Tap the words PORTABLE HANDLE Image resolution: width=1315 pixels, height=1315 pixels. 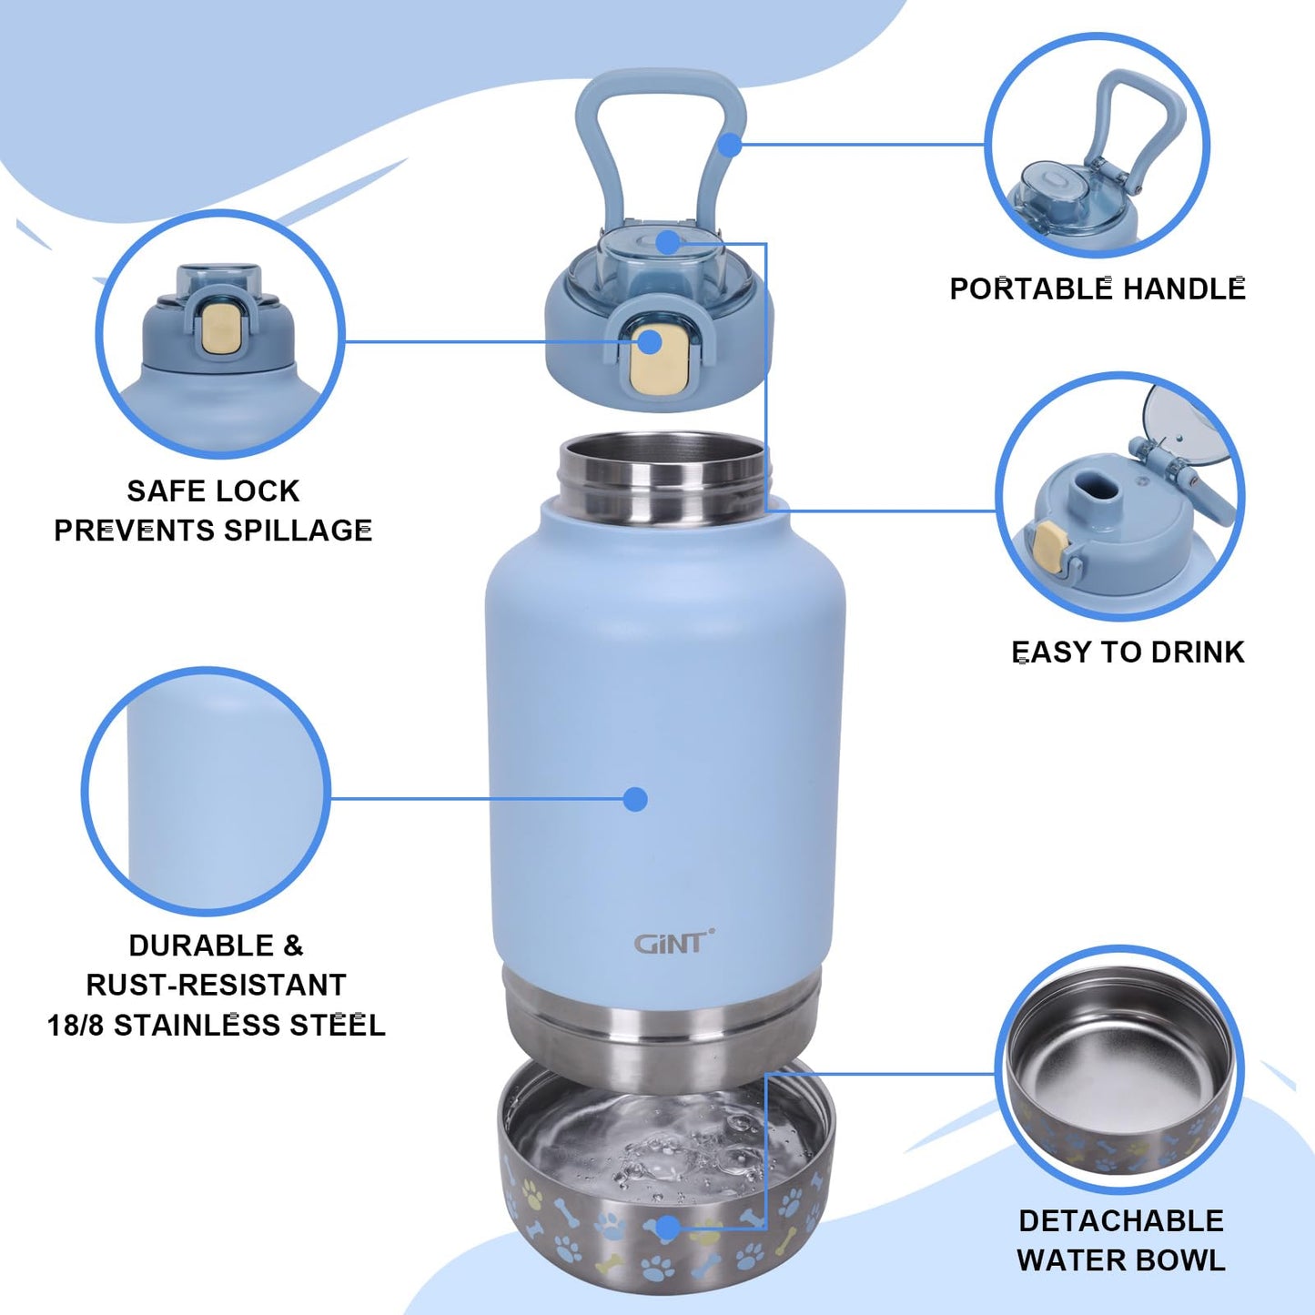coord(1097,288)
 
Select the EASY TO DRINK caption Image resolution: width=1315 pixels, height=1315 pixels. coord(1128,652)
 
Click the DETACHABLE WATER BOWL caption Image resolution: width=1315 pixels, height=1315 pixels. coord(1120,1240)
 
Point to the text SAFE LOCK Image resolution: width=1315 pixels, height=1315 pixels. coord(213,491)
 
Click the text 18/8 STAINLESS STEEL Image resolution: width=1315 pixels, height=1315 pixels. coord(216,1025)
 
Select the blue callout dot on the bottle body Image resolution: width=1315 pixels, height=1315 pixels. coord(635,799)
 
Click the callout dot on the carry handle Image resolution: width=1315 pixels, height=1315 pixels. coord(730,144)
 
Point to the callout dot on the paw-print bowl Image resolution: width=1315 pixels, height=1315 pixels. coord(667,1229)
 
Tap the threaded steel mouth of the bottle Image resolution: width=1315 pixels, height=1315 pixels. coord(664,478)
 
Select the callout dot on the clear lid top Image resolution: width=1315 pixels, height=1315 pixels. coord(668,242)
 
